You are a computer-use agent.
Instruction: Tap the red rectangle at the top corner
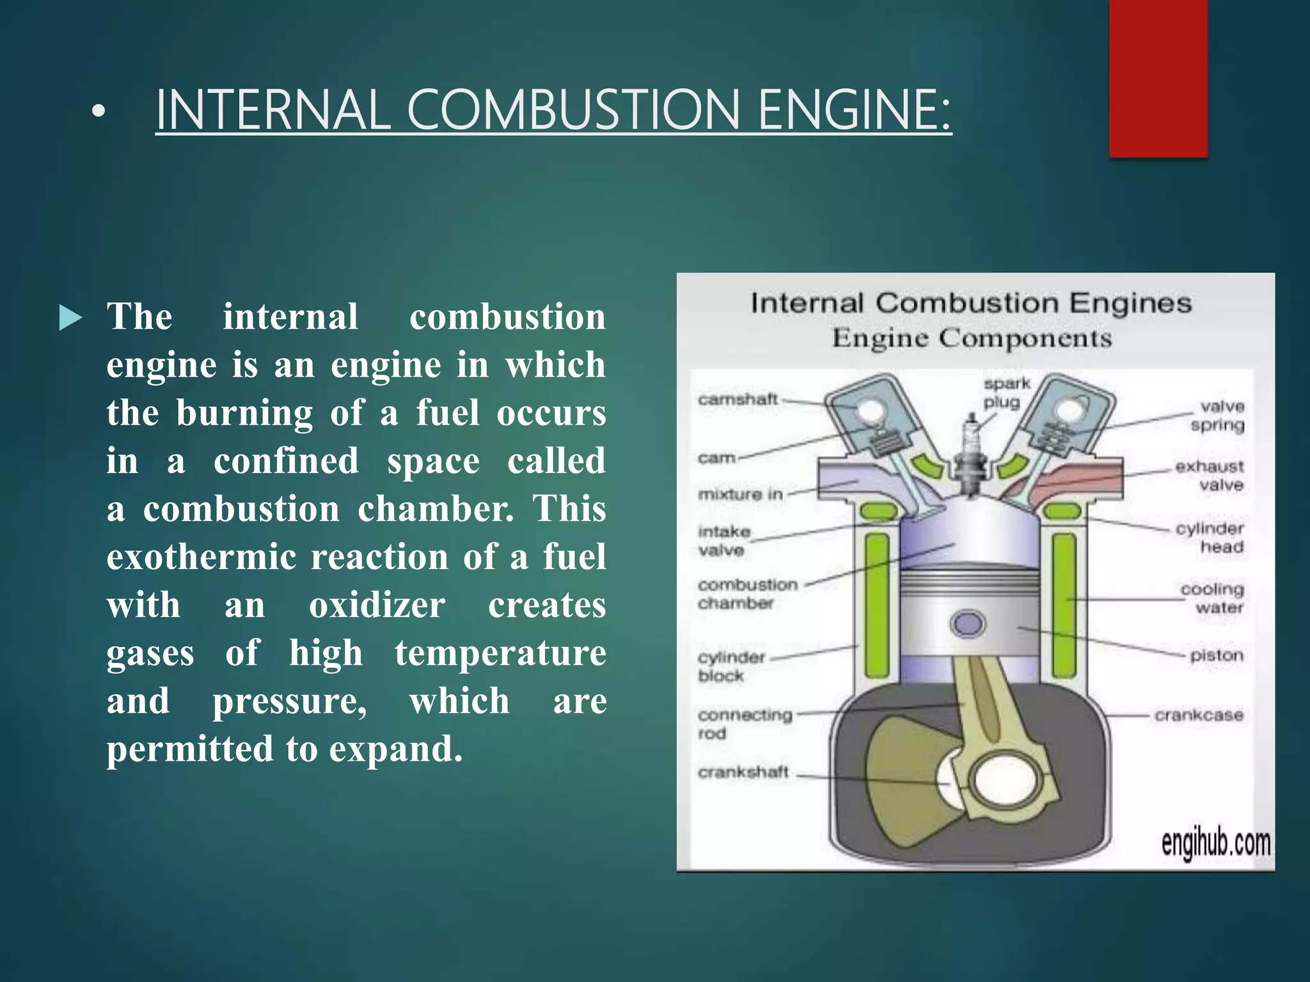(1158, 78)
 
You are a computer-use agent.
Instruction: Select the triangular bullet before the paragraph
(70, 318)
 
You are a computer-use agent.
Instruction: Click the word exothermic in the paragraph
(201, 557)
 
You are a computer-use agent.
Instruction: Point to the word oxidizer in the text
(377, 605)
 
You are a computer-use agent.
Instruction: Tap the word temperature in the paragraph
(500, 653)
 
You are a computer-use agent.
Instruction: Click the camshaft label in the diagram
(738, 400)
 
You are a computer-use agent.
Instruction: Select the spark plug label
(1007, 393)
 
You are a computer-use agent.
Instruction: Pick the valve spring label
(1219, 416)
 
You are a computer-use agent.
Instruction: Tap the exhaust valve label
(1210, 476)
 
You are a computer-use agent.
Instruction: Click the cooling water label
(1213, 598)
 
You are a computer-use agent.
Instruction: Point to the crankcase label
(1199, 715)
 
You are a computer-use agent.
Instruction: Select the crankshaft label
(743, 772)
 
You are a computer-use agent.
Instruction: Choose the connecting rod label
(744, 723)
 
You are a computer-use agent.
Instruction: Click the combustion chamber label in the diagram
(747, 594)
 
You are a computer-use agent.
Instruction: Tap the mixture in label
(740, 494)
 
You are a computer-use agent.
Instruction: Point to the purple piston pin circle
(967, 623)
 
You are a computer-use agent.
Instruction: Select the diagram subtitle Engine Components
(972, 338)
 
